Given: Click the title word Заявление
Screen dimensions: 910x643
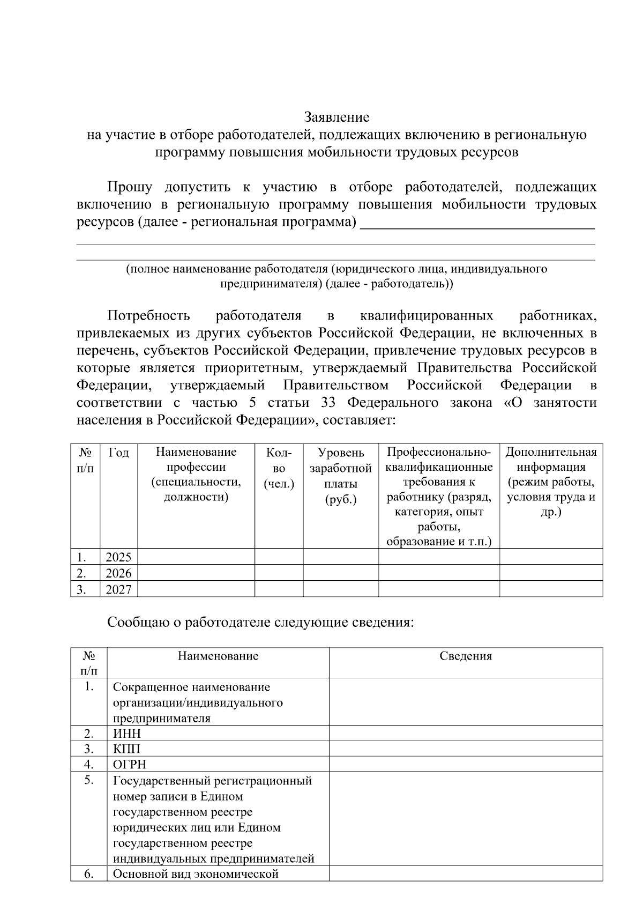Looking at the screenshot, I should click(x=337, y=116).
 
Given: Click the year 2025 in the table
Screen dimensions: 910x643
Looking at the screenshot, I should click(x=118, y=557).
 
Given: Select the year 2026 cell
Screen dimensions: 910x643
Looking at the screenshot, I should click(x=118, y=573).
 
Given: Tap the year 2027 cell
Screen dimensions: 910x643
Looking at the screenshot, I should click(x=118, y=589).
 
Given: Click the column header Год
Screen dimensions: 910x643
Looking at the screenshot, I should click(x=118, y=453).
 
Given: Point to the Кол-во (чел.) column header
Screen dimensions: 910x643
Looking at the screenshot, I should click(x=279, y=468).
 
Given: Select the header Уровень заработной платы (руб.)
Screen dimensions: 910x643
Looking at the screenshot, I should click(x=340, y=476).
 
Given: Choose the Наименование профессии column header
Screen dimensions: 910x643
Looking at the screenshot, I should click(x=196, y=474).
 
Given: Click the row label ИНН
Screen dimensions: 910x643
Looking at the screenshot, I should click(x=127, y=734).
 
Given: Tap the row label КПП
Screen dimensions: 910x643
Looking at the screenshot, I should click(x=126, y=749).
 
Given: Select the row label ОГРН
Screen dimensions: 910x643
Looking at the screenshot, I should click(x=129, y=764).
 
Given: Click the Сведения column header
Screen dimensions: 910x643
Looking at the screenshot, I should click(x=465, y=656).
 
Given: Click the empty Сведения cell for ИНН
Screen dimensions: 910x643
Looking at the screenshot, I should click(x=465, y=734).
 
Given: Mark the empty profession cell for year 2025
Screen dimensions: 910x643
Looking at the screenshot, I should click(x=196, y=557).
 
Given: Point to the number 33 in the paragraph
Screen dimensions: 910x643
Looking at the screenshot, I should click(x=328, y=402).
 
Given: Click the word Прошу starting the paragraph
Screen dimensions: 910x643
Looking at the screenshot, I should click(x=130, y=187).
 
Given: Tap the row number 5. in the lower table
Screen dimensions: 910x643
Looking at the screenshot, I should click(x=89, y=781).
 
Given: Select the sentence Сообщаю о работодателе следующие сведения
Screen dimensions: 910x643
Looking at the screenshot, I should click(x=260, y=623).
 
